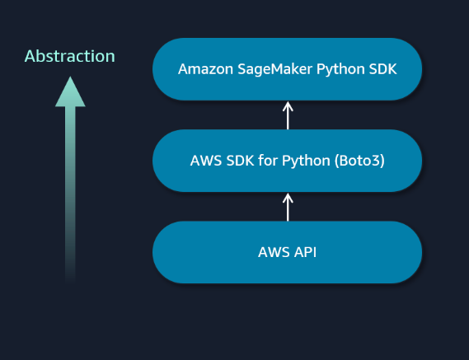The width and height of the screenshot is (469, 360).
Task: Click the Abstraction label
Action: click(x=70, y=57)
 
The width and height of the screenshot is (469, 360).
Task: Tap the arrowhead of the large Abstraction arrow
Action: click(x=70, y=92)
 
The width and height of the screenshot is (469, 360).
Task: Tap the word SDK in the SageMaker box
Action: click(x=382, y=69)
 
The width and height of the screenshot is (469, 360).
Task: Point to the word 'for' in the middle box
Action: click(x=268, y=161)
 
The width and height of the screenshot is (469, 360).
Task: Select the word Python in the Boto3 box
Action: click(x=305, y=161)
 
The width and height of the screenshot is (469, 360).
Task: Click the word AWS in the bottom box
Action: click(x=273, y=252)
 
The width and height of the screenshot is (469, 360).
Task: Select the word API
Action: click(x=306, y=252)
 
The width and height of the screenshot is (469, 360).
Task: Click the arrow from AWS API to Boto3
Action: click(x=288, y=207)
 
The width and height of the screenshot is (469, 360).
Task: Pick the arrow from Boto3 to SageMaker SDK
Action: click(x=288, y=115)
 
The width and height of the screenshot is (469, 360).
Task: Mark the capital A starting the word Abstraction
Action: click(x=30, y=57)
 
